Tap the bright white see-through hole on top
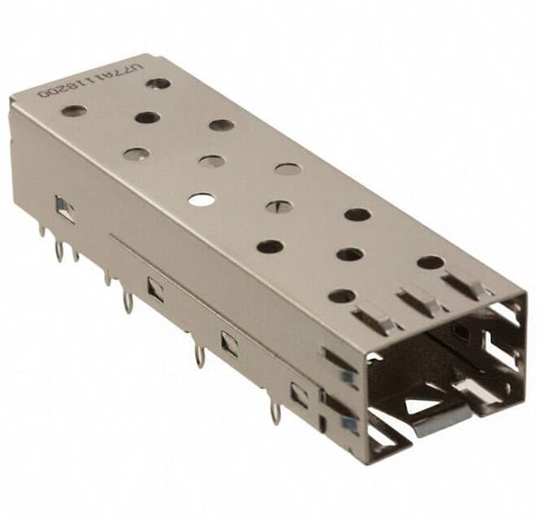tap(201, 199)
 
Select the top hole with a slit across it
tap(279, 206)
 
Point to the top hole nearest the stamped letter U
tap(158, 83)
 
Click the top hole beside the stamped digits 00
tap(74, 110)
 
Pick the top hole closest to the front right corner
tap(430, 262)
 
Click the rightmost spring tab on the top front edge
tap(465, 285)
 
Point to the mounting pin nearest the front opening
tap(275, 413)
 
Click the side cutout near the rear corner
tap(65, 208)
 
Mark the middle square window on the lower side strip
tap(228, 341)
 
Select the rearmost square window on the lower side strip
tap(155, 289)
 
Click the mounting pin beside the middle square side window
tap(199, 354)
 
